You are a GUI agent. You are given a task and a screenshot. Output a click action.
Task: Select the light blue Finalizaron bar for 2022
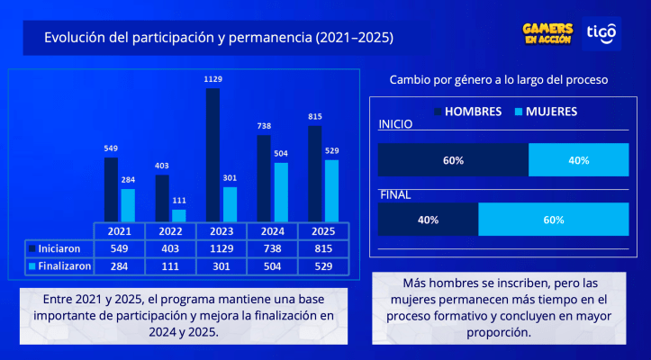point(178,215)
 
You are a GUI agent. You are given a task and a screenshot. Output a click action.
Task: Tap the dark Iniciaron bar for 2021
point(111,189)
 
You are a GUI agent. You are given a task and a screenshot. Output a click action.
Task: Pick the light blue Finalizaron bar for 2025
point(331,190)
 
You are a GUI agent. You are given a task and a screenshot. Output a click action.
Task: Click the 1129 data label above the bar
point(212,80)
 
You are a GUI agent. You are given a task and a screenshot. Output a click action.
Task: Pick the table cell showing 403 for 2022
point(170,247)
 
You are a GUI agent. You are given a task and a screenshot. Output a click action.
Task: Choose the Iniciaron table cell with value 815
point(322,247)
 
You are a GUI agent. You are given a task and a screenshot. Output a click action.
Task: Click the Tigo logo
point(601,34)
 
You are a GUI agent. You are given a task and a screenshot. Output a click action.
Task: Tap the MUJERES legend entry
point(545,112)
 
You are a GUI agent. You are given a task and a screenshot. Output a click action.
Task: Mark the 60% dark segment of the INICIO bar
point(453,160)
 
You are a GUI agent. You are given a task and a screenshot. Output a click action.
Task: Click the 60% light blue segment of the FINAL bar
point(553,220)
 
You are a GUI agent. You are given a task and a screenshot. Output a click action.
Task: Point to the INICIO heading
point(395,125)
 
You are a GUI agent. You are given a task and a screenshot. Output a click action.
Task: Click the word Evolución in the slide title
point(76,38)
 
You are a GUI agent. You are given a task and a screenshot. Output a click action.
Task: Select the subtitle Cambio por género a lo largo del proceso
point(498,80)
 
